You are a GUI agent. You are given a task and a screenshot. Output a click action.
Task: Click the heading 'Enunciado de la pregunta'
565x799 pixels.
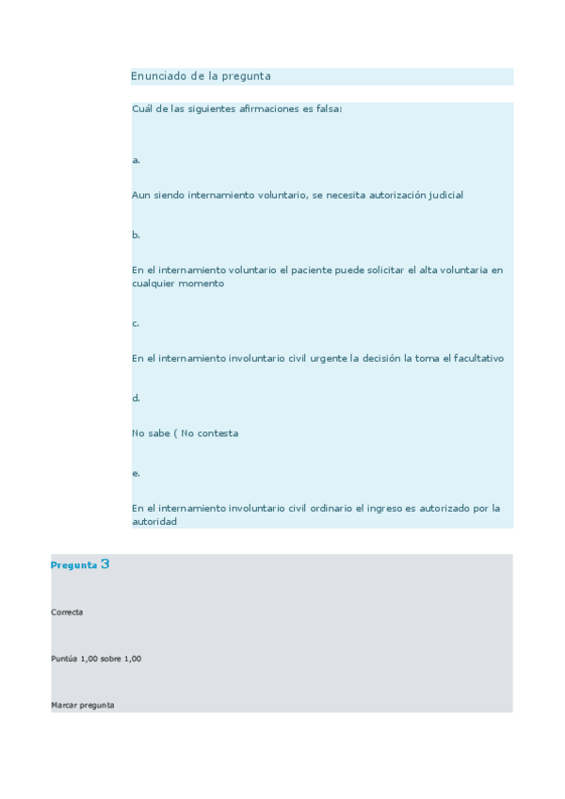201,76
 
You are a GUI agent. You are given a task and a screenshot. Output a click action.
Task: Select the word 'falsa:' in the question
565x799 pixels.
329,108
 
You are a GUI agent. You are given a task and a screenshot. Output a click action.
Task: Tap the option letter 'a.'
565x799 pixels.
137,160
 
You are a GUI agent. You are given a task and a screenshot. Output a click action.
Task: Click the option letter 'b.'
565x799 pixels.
137,235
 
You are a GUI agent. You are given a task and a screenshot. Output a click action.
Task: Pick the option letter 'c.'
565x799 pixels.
136,323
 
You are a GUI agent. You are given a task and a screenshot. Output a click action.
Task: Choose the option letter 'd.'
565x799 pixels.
137,398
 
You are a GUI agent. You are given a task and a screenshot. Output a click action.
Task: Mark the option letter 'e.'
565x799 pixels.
137,473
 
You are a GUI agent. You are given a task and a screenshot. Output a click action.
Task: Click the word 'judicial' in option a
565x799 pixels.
445,195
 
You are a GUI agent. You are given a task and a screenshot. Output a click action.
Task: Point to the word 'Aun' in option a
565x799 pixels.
140,195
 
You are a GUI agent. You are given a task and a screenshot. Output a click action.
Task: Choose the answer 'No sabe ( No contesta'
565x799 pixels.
185,433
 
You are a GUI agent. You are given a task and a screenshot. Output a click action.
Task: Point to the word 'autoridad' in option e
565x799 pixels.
154,521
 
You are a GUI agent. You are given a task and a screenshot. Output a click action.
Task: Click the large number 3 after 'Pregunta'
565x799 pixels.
105,563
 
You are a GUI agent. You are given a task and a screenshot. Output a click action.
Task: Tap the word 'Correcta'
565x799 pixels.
67,612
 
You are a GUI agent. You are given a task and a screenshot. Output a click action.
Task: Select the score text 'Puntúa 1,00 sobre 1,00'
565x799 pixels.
96,659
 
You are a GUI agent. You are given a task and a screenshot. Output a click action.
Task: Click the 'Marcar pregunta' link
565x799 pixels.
83,705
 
